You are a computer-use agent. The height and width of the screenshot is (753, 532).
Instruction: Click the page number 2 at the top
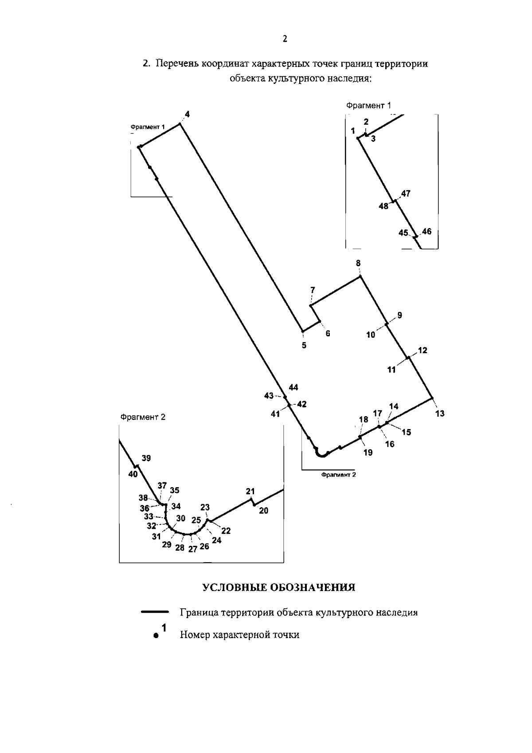(x=285, y=39)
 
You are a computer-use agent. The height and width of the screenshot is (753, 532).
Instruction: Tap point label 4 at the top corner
(x=188, y=114)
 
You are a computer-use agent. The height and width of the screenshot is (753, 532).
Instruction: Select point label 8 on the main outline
(x=358, y=263)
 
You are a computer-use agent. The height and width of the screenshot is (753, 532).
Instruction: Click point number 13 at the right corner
(x=440, y=414)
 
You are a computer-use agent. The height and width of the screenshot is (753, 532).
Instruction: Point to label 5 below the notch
(x=304, y=345)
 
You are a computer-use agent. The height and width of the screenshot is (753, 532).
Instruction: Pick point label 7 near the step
(x=313, y=290)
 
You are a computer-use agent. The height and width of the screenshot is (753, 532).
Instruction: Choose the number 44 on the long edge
(x=293, y=387)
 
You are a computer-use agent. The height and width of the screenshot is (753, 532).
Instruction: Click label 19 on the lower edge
(x=368, y=453)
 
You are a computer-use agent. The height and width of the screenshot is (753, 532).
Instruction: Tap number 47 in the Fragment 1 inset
(x=406, y=193)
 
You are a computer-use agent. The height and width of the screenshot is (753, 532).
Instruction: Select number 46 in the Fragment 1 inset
(x=426, y=231)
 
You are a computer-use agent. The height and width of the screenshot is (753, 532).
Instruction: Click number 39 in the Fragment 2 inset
(x=146, y=458)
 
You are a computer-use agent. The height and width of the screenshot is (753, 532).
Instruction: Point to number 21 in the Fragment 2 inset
(x=250, y=491)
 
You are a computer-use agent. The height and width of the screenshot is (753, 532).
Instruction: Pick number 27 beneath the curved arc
(x=192, y=549)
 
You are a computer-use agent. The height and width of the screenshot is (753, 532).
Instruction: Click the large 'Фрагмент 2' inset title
(x=143, y=417)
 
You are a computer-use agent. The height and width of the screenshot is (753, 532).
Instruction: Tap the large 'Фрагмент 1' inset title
(x=369, y=105)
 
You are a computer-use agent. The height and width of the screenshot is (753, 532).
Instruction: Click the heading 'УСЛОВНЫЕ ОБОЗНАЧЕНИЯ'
(x=279, y=587)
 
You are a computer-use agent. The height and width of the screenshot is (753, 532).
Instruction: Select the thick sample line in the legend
(x=155, y=612)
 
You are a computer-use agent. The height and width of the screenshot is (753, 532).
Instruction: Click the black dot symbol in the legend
(x=156, y=635)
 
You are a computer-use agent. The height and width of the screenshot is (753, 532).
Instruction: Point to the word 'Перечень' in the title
(x=176, y=63)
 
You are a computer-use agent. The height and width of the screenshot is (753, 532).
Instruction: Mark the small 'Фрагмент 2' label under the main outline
(x=339, y=475)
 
